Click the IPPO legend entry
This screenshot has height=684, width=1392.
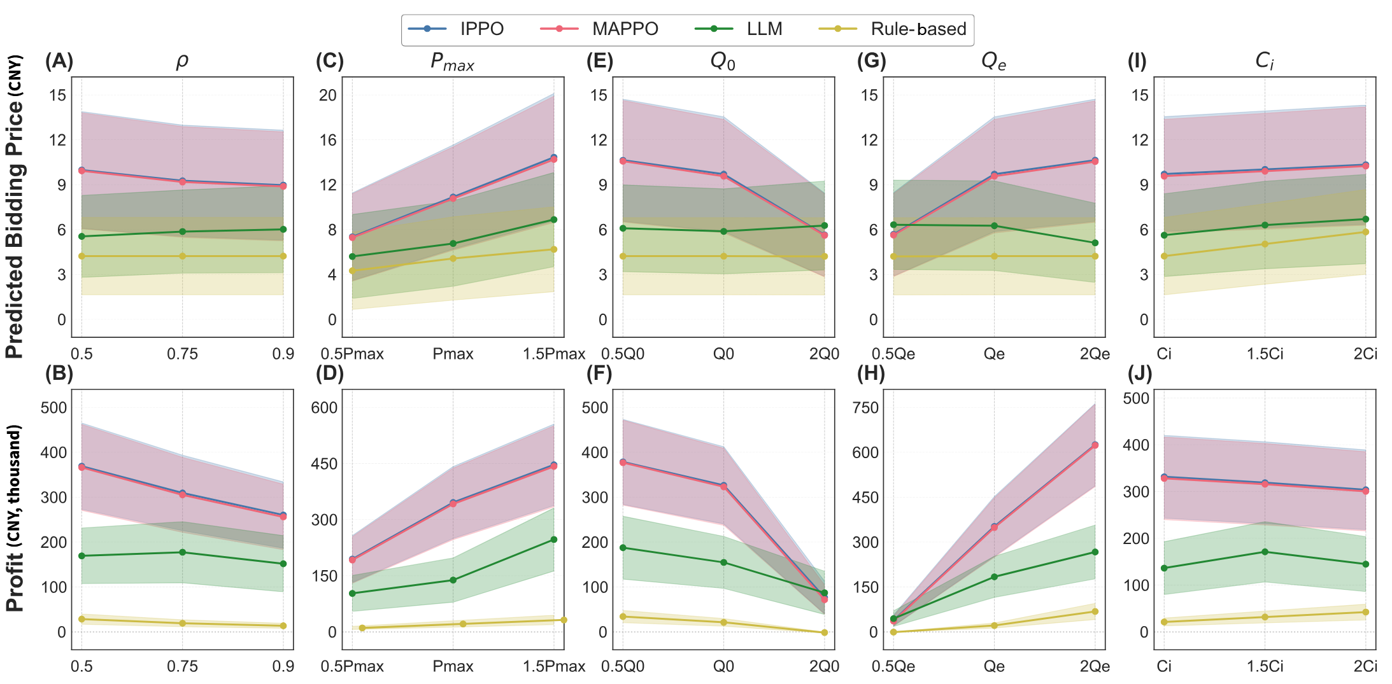tap(455, 29)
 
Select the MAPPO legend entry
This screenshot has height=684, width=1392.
tap(599, 29)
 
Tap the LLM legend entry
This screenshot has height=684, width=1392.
tap(738, 29)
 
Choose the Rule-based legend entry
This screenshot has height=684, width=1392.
tap(902, 29)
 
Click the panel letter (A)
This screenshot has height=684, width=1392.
tap(59, 61)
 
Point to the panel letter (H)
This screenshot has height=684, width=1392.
tap(871, 373)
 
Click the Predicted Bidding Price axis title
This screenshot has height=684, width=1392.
tap(15, 207)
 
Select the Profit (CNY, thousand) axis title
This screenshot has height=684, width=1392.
tap(15, 519)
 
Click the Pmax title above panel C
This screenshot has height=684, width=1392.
tap(452, 61)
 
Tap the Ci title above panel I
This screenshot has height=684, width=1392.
tap(1264, 61)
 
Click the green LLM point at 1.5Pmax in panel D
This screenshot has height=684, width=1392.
tap(553, 540)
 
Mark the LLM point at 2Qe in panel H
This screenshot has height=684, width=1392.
tap(1095, 552)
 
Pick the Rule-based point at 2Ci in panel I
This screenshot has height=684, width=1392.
tap(1365, 232)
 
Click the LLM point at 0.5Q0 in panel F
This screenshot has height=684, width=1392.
tap(623, 548)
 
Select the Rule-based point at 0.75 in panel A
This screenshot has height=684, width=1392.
tap(183, 256)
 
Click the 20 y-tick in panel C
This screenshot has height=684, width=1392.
tap(327, 95)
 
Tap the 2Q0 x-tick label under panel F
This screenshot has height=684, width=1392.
tap(824, 666)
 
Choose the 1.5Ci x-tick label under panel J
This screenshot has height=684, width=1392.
tap(1265, 666)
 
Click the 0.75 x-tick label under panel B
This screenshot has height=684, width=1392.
tap(183, 666)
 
